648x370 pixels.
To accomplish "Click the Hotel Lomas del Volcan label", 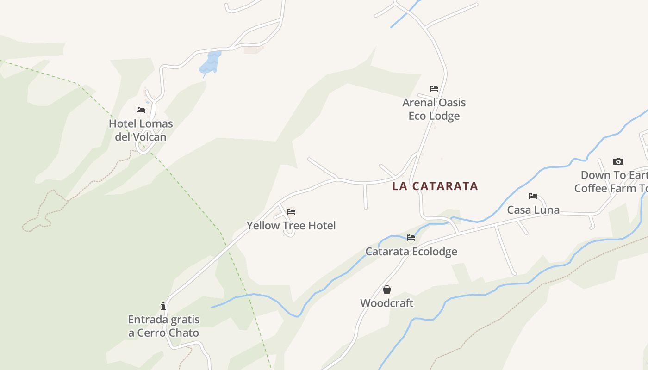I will pyautogui.click(x=141, y=130).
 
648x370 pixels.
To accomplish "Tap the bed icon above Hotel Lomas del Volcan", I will pyautogui.click(x=141, y=110).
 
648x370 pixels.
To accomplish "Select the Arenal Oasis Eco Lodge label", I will pyautogui.click(x=434, y=109).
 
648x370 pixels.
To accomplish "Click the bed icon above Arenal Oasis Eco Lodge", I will pyautogui.click(x=434, y=89).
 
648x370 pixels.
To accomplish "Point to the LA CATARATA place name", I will pyautogui.click(x=435, y=186).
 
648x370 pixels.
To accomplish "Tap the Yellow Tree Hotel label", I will pyautogui.click(x=291, y=226).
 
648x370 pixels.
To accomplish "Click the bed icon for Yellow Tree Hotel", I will pyautogui.click(x=291, y=212).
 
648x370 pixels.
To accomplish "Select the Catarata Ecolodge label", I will pyautogui.click(x=411, y=252).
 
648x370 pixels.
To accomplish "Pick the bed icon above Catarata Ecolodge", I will pyautogui.click(x=411, y=238).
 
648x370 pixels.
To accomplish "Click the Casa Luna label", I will pyautogui.click(x=533, y=210).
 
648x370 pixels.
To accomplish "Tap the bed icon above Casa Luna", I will pyautogui.click(x=533, y=196).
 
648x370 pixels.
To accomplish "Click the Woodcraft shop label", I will pyautogui.click(x=386, y=303).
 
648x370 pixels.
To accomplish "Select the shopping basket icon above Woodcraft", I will pyautogui.click(x=387, y=290).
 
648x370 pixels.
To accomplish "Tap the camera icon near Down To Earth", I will pyautogui.click(x=618, y=161).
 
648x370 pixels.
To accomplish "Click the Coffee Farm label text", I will pyautogui.click(x=611, y=189).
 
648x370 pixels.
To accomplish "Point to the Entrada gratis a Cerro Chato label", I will pyautogui.click(x=163, y=326).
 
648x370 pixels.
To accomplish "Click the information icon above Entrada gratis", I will pyautogui.click(x=163, y=306).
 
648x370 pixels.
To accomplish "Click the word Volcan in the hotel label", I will pyautogui.click(x=149, y=137).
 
